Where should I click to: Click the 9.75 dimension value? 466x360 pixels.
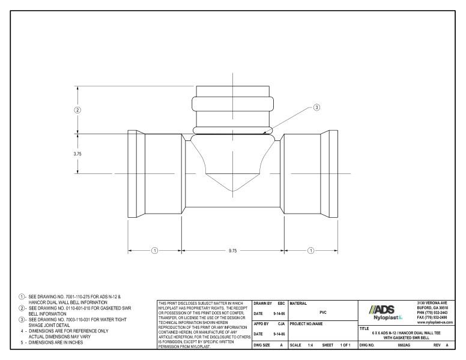point(232,250)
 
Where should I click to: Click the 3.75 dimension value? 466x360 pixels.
point(77,154)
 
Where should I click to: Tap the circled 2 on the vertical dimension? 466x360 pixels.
point(77,110)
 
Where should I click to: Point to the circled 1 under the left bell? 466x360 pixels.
point(154,250)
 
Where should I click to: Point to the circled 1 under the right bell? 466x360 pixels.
point(311,250)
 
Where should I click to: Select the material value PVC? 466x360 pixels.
point(323,312)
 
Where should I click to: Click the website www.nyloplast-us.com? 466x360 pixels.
point(435,323)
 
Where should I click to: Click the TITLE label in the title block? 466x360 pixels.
point(365,328)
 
